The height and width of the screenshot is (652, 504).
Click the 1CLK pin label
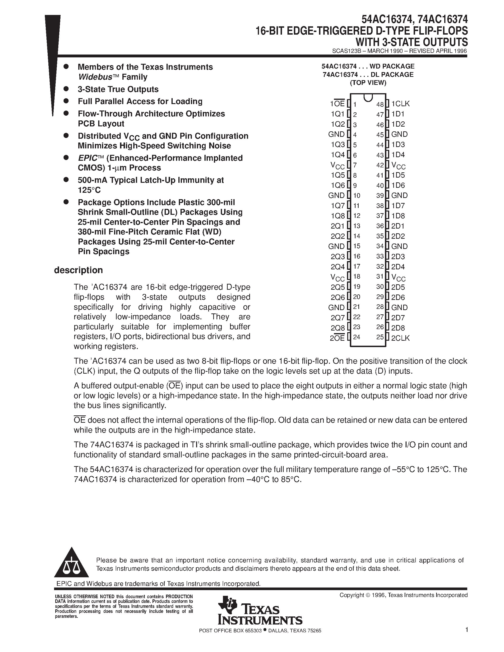coord(400,104)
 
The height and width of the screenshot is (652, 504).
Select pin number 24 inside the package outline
coord(356,337)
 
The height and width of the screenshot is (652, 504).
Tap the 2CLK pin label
coord(400,338)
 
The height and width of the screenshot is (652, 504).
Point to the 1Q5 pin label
coord(338,175)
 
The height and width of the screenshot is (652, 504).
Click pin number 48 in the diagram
coord(380,105)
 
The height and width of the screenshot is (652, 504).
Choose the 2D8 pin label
coord(398,328)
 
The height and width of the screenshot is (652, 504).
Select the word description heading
coord(78,270)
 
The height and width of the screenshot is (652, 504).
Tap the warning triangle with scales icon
coord(71,563)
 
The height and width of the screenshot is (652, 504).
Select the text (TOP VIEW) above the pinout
coord(368,83)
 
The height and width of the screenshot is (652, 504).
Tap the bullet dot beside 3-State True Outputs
coord(66,89)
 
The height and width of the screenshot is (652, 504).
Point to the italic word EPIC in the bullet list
coord(88,158)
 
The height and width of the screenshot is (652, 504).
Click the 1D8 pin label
coord(398,216)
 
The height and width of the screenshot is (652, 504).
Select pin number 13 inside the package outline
coord(356,226)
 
